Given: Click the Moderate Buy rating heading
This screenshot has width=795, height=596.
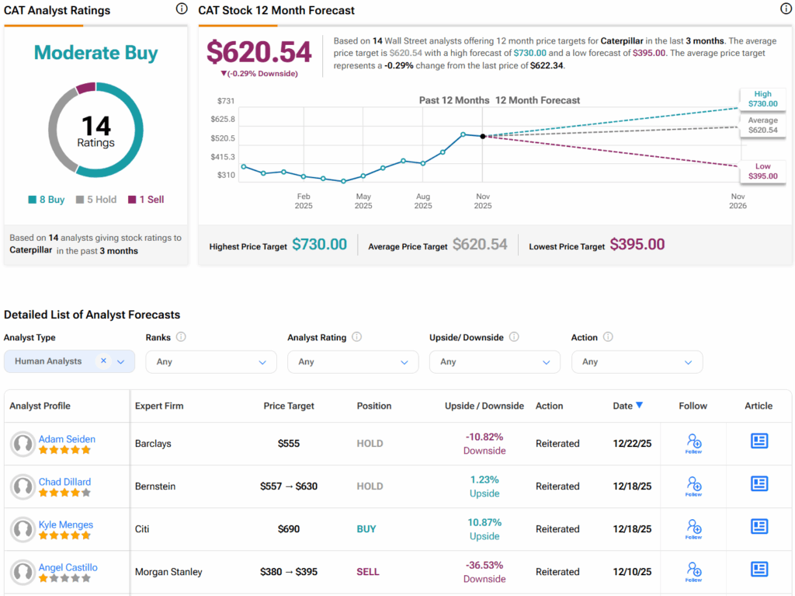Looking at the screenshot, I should [96, 54].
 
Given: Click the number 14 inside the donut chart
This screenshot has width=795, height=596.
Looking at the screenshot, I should [96, 126].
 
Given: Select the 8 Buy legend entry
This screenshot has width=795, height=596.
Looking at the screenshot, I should [47, 200].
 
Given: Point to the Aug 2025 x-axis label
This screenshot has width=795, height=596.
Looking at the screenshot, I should [423, 201].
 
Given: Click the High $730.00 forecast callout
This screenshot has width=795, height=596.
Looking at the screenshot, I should [762, 99].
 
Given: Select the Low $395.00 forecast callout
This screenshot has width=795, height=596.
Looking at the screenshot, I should [762, 172].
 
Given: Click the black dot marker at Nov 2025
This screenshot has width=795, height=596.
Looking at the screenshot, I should [483, 136].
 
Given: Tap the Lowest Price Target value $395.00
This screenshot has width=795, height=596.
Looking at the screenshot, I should [637, 245].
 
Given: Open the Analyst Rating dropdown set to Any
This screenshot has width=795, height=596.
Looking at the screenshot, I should [353, 362].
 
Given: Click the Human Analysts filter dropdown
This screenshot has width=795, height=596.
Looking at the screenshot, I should [70, 361].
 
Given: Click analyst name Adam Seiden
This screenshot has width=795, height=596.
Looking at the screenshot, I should [67, 439].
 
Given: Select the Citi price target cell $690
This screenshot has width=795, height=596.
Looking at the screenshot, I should [289, 529].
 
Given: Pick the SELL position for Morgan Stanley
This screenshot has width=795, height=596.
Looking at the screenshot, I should [368, 572].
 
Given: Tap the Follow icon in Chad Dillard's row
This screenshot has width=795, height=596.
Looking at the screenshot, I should [693, 486].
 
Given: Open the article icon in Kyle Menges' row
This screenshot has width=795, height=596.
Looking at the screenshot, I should [759, 527].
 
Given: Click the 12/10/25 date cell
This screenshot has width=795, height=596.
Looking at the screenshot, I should [632, 572].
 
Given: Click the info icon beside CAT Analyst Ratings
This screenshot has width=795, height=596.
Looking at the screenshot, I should [182, 9].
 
